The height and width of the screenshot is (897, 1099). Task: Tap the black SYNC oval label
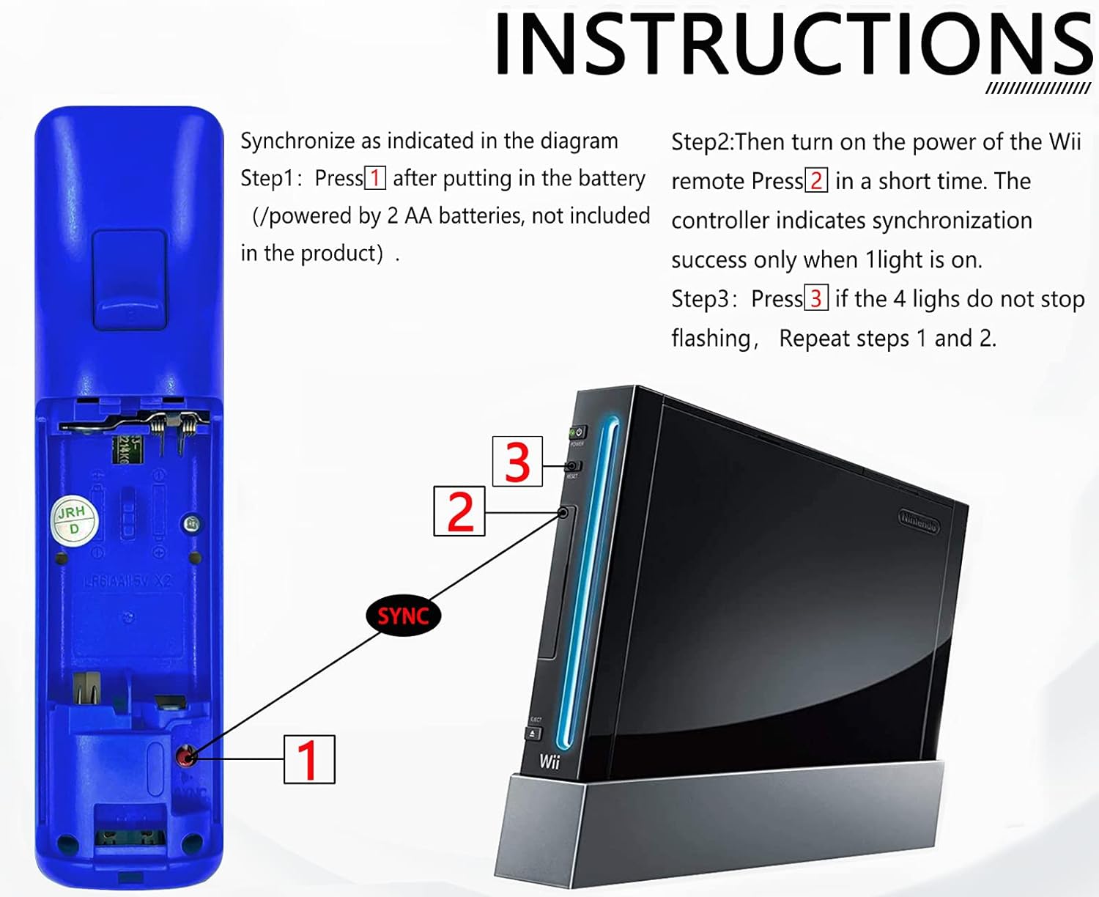[x=403, y=616]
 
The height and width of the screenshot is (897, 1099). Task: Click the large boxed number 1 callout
[x=309, y=759]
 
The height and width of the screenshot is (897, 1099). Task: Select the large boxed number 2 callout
[x=459, y=511]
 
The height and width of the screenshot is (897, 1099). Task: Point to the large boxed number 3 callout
[x=517, y=461]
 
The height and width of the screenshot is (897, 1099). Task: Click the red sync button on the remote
[x=187, y=756]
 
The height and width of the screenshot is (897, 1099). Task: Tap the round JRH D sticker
[x=73, y=520]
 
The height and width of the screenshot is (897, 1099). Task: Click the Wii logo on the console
[x=549, y=762]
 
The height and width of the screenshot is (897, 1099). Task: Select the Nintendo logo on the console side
[x=919, y=521]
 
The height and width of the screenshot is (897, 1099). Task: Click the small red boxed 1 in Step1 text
[x=374, y=178]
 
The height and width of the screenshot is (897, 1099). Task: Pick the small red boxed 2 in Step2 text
[x=816, y=180]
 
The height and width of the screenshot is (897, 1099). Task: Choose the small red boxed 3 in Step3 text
[x=816, y=298]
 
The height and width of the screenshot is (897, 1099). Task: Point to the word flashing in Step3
[x=710, y=338]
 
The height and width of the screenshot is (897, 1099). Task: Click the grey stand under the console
[x=718, y=828]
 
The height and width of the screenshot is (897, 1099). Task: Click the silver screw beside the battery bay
[x=191, y=523]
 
